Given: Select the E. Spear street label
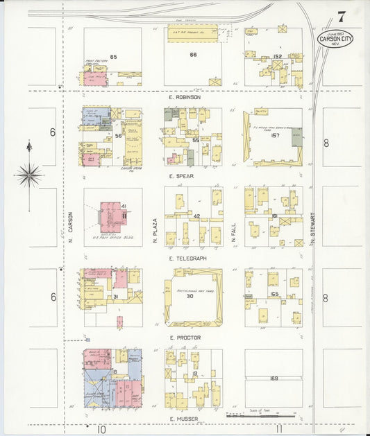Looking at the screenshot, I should pos(181,176).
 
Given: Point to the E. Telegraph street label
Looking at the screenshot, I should pos(188,258).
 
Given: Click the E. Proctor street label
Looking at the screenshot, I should pos(185,338).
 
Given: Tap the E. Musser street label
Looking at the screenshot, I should pos(183,419).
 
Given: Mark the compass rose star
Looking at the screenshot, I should pos(28,175).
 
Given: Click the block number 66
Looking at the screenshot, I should pos(194,54).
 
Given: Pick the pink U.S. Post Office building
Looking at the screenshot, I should pos(111,216).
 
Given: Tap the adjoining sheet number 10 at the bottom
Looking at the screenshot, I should pos(101,429).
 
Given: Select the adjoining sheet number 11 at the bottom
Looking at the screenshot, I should pos(278,429).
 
